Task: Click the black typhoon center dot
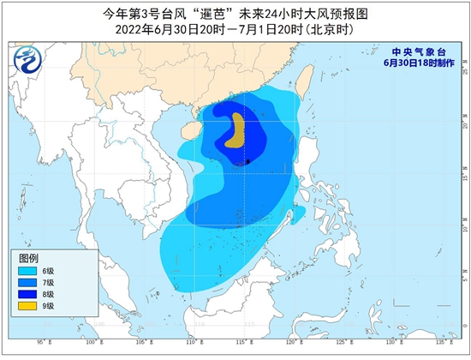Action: [x=247, y=160]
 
